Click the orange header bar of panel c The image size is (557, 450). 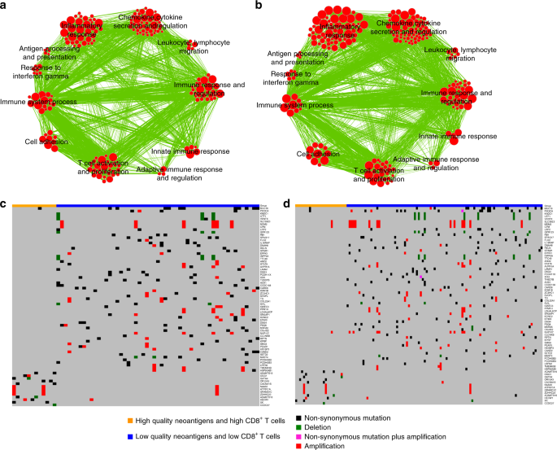pos(33,207)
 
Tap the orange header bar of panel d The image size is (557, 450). pos(320,207)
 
